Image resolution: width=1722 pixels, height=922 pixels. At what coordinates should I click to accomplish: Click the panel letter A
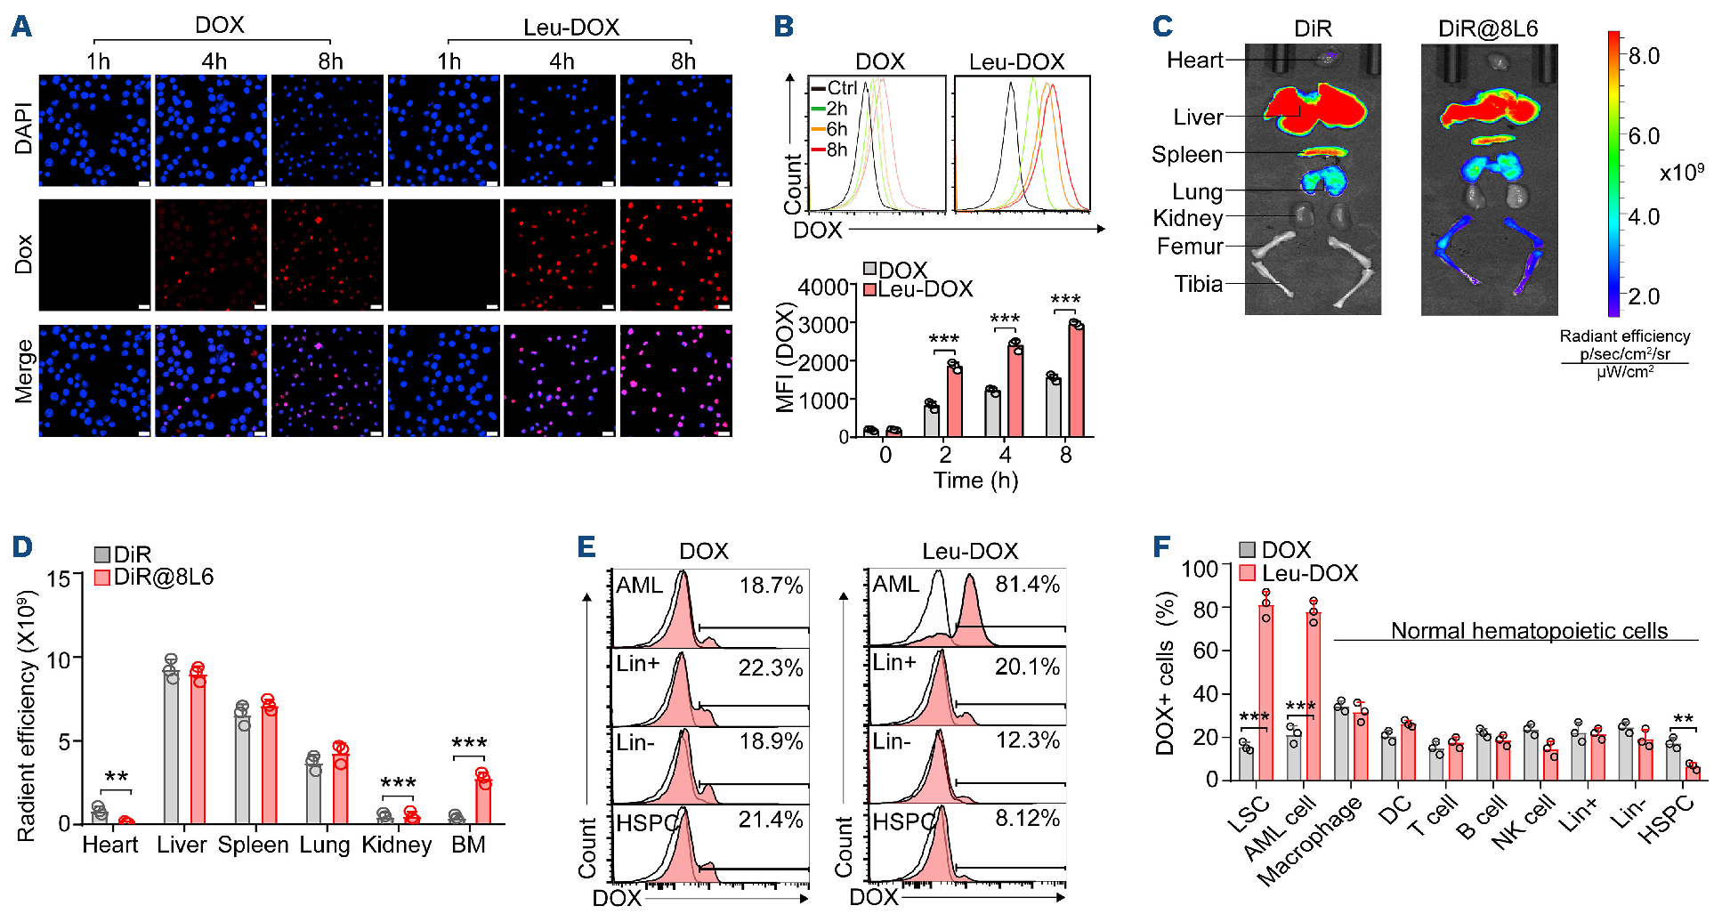[x=21, y=27]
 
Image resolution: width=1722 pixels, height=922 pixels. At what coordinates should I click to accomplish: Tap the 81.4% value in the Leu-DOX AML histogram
[x=1027, y=585]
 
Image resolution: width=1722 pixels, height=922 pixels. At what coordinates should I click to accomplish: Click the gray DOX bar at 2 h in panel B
[x=932, y=420]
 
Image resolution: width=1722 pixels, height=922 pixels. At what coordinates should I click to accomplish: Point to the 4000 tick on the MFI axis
[x=823, y=287]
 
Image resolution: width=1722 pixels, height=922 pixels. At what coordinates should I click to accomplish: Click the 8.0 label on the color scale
[x=1644, y=57]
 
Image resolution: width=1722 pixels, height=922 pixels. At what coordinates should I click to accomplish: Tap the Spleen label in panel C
[x=1187, y=155]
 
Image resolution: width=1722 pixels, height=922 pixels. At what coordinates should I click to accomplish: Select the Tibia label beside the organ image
[x=1198, y=284]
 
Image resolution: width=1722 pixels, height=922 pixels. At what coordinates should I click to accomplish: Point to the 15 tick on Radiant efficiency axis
[x=59, y=579]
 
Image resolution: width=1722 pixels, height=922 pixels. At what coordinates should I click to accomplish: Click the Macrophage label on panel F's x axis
[x=1309, y=841]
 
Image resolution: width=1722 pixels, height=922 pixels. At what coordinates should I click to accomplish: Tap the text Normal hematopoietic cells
[x=1529, y=631]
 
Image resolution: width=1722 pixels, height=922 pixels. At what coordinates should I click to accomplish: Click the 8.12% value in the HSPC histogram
[x=1027, y=819]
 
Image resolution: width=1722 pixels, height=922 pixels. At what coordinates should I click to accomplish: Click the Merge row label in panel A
[x=24, y=372]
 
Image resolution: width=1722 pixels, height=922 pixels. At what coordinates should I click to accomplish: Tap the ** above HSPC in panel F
[x=1683, y=719]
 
